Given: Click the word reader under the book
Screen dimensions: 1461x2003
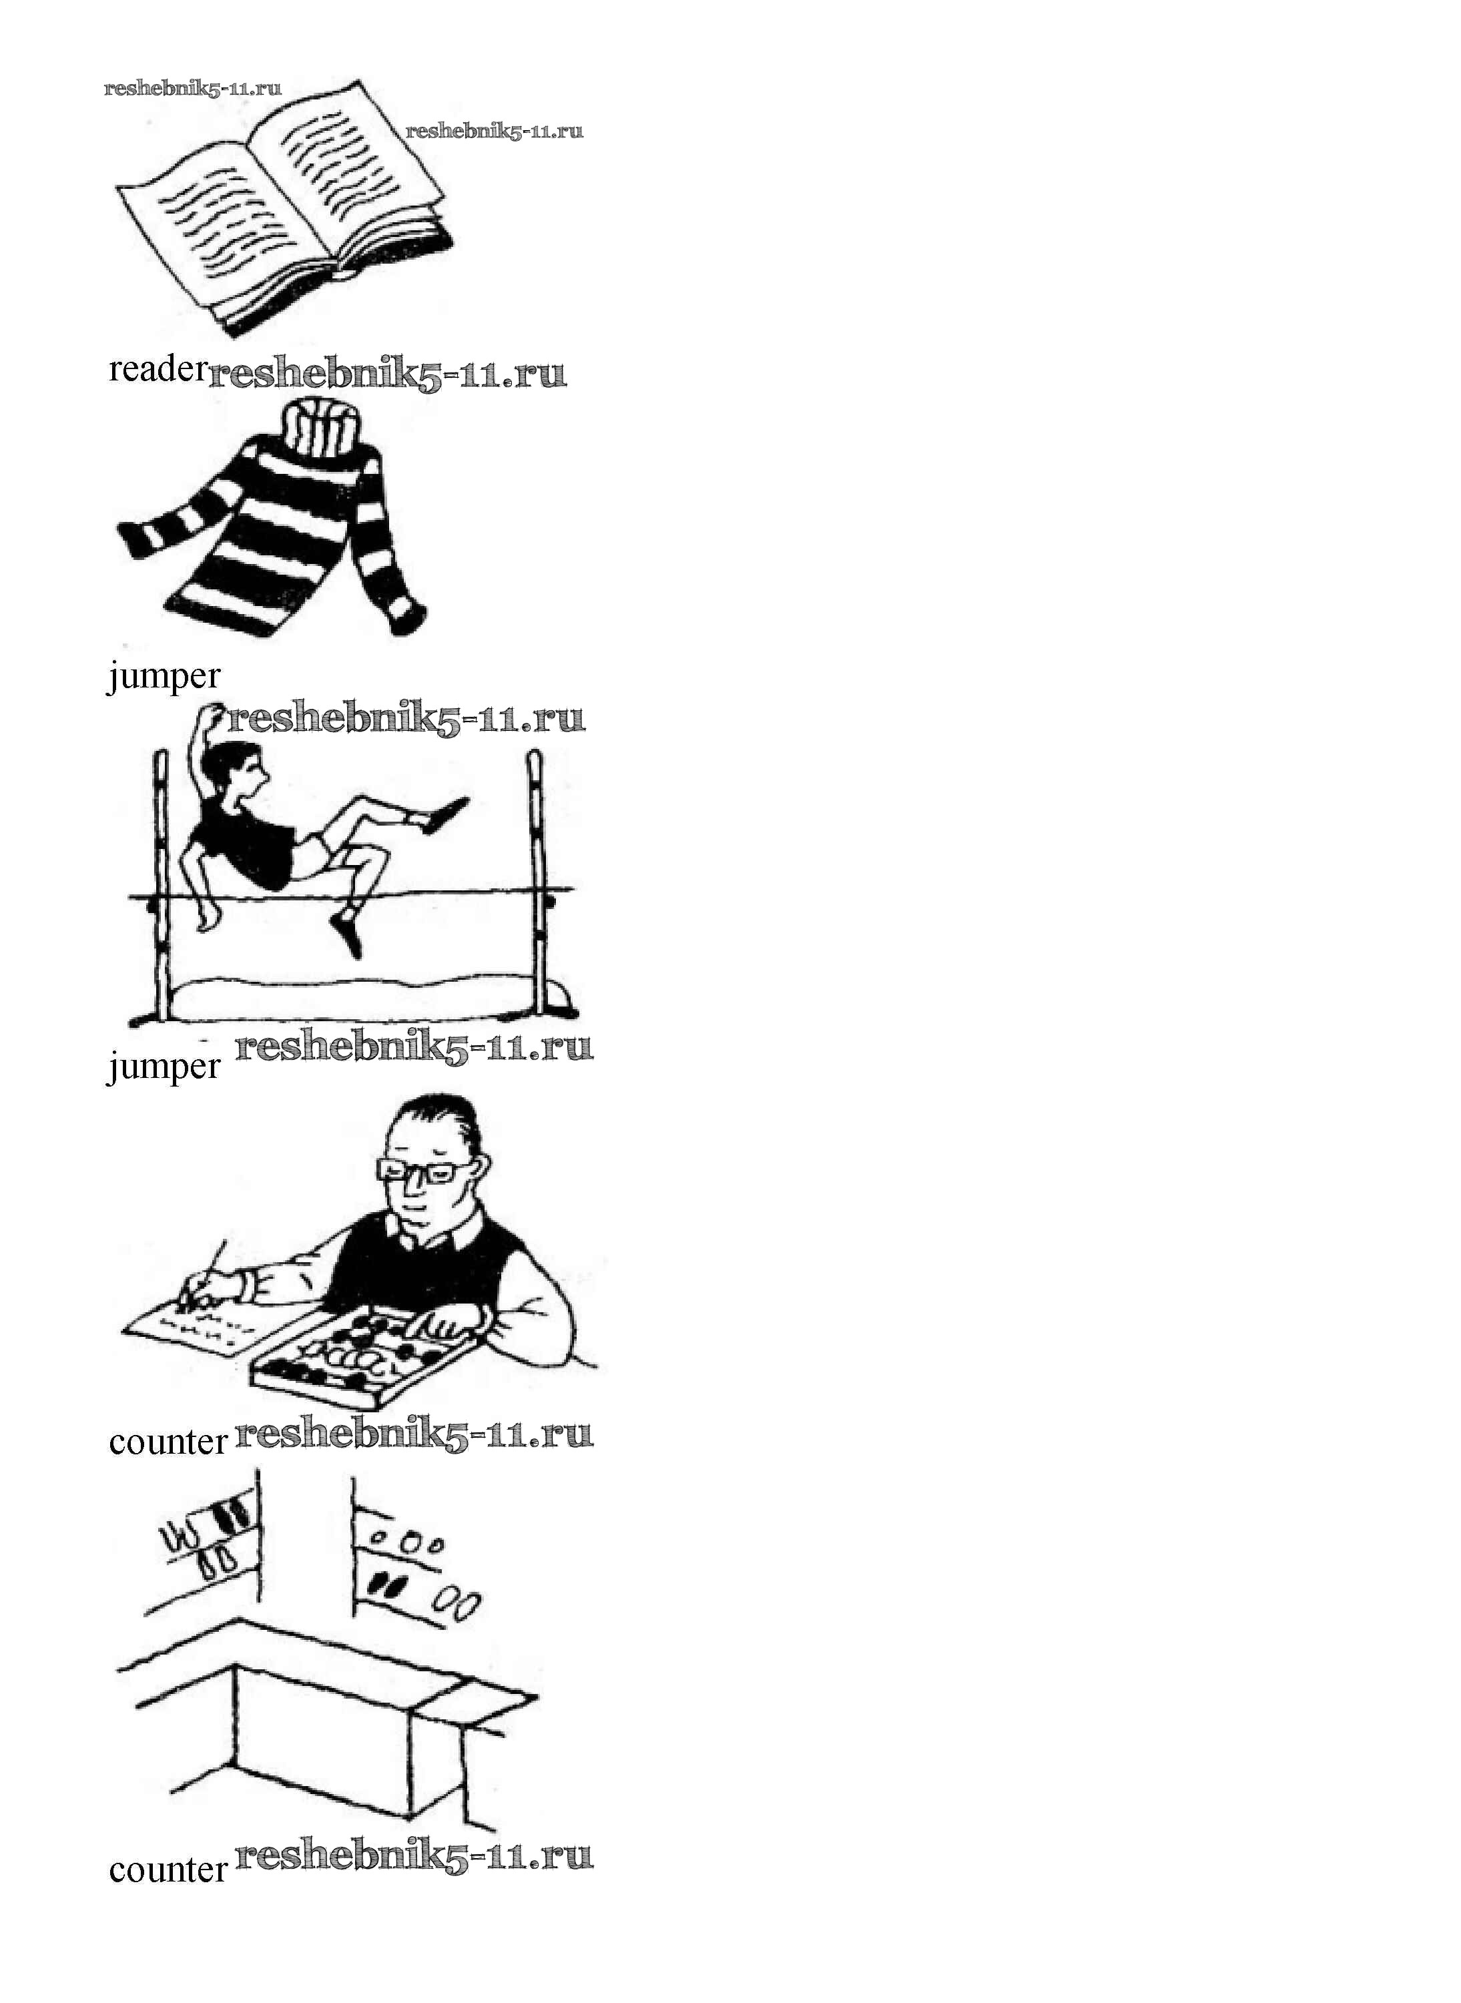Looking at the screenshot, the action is click(158, 369).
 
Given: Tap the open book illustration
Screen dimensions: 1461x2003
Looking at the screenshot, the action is click(283, 208).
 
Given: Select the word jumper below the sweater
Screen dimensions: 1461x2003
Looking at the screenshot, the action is click(164, 677).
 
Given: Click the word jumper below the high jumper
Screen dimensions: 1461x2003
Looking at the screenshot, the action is click(164, 1067).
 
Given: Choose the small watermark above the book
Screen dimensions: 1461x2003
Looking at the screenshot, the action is click(193, 87).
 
